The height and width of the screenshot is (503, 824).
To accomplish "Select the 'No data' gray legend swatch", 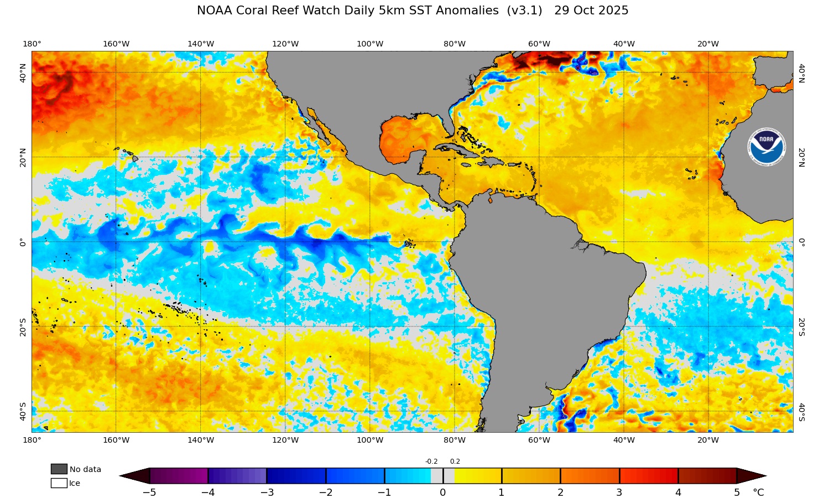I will tap(59, 469).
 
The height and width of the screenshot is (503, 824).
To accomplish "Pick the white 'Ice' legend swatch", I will tap(59, 483).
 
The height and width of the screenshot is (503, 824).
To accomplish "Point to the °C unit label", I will tap(758, 492).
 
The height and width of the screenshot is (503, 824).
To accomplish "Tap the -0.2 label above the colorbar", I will tap(431, 461).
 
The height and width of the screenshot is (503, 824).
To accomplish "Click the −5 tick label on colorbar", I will tap(149, 492).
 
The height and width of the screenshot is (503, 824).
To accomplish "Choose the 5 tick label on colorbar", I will tap(737, 492).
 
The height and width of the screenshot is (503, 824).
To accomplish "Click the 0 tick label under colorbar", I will tap(443, 492).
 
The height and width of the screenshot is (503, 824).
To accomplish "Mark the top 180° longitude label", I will tap(32, 44).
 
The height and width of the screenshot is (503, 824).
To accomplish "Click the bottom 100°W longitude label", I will tap(370, 440).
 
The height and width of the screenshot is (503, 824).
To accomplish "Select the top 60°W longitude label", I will tap(539, 44).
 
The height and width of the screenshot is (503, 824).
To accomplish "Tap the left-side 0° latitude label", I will tap(23, 242).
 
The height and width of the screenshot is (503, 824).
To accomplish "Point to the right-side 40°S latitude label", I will tap(801, 412).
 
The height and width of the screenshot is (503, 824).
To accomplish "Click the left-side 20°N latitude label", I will tap(23, 157).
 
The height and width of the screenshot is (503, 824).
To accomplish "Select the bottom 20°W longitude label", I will tap(708, 440).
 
